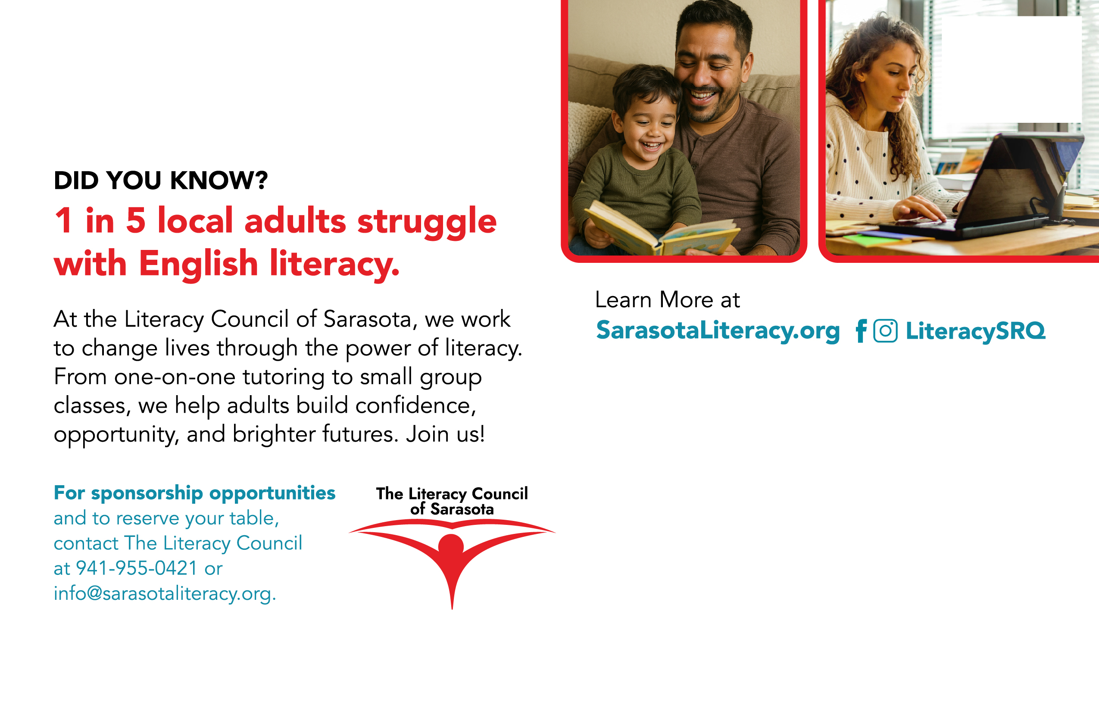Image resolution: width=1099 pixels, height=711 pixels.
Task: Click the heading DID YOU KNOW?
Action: pyautogui.click(x=161, y=180)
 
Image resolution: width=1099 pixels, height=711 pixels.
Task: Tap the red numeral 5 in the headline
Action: pyautogui.click(x=136, y=221)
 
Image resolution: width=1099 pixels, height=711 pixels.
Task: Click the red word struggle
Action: pyautogui.click(x=427, y=222)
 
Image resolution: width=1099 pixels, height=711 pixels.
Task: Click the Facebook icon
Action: pyautogui.click(x=861, y=331)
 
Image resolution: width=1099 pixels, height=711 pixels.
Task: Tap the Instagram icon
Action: pyautogui.click(x=886, y=331)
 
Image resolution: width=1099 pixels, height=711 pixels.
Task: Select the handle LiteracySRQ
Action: pyautogui.click(x=975, y=331)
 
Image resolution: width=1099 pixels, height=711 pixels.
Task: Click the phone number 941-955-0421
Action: pyautogui.click(x=137, y=568)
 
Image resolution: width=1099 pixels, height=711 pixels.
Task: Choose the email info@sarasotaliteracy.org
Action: pyautogui.click(x=165, y=594)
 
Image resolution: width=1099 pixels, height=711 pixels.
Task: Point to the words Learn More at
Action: pyautogui.click(x=667, y=299)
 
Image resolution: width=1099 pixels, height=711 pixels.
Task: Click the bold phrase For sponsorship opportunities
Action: pyautogui.click(x=194, y=493)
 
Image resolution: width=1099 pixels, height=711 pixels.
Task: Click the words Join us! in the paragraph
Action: pyautogui.click(x=445, y=434)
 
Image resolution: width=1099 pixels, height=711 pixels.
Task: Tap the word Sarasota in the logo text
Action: pyautogui.click(x=462, y=509)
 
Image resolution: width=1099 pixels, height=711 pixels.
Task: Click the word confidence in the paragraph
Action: pyautogui.click(x=415, y=406)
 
